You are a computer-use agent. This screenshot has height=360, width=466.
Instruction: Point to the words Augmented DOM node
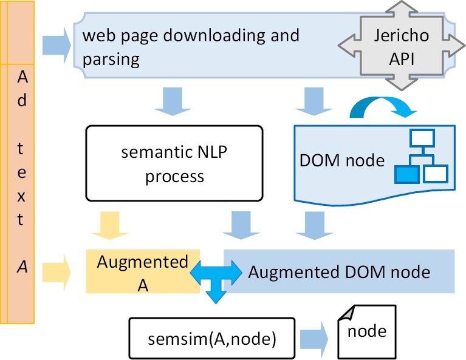tap(339, 271)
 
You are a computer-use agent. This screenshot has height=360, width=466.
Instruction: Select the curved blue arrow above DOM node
tap(382, 106)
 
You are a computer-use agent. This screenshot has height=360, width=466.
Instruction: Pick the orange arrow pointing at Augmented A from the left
tap(57, 271)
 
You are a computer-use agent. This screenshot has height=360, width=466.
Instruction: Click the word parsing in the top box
tap(112, 59)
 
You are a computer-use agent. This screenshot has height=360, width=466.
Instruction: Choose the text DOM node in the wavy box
tap(342, 160)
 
